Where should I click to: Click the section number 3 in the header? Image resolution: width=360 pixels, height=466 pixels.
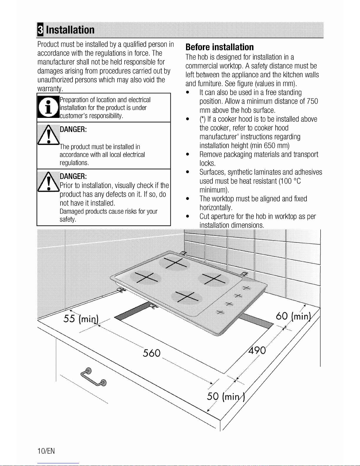tap(40, 30)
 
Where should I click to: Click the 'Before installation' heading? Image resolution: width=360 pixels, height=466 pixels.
tap(219, 47)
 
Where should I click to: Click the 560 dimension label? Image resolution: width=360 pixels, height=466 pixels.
tap(152, 353)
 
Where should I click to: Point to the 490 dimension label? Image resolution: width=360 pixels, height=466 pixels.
tap(257, 350)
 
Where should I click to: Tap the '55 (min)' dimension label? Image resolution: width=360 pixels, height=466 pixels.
tap(81, 319)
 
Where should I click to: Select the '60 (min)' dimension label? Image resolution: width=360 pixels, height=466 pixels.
tap(293, 316)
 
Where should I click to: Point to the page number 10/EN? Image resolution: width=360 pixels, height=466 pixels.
tap(46, 451)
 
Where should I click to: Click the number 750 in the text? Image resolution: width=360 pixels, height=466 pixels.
tap(312, 101)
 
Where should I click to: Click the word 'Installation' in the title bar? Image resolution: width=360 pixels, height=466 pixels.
tap(70, 30)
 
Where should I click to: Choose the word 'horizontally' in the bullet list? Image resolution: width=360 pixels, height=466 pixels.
tap(216, 208)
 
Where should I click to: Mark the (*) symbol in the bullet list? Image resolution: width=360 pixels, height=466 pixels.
tap(202, 119)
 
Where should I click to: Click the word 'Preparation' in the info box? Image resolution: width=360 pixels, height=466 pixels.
tap(73, 100)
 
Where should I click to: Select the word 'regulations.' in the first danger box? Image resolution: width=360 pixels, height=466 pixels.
tap(74, 163)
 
